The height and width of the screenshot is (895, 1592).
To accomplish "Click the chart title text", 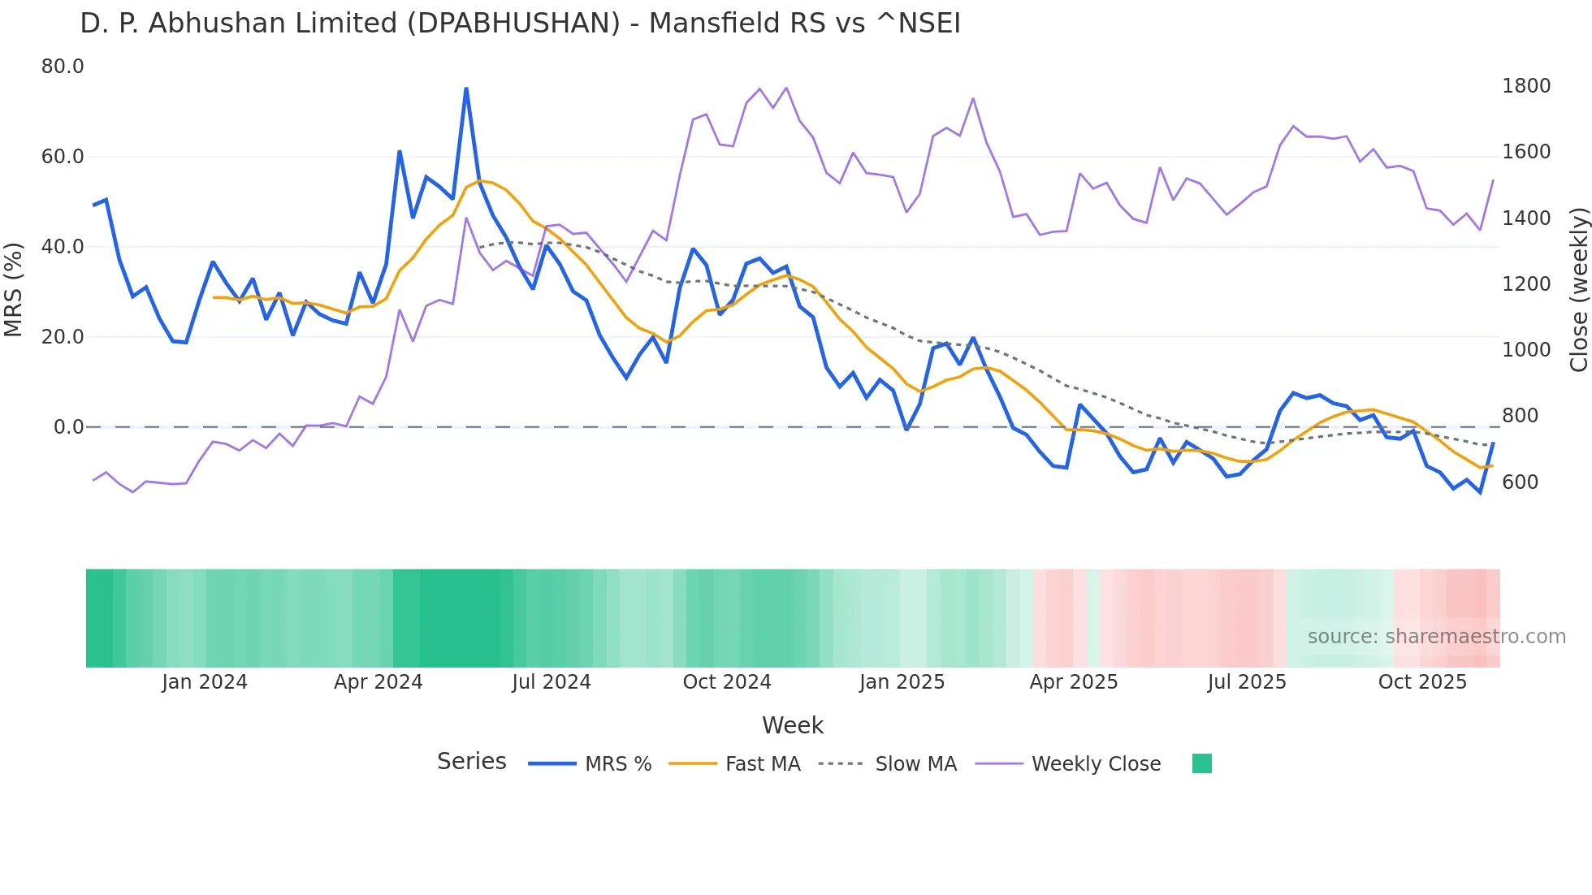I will pos(520,24).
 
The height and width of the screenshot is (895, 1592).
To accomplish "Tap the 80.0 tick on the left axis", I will pos(63,67).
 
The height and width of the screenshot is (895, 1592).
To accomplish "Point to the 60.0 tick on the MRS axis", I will pos(63,157).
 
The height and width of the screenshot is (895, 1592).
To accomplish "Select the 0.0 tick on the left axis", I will pos(68,427).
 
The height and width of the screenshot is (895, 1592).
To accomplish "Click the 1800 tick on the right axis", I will pos(1526,86).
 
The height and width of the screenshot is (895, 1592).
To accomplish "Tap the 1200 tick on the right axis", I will pos(1526,284).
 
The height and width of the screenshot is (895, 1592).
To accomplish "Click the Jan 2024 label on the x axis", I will pos(204,682).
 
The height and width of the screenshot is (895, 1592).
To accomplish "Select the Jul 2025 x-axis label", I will pos(1247,682).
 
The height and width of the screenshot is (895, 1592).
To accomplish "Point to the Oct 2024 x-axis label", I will pos(727,682).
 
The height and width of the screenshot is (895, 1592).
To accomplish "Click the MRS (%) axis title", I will pos(13,289).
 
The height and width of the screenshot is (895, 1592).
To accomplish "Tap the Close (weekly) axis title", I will pos(1578,289).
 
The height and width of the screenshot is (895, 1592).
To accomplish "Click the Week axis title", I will pos(793,725).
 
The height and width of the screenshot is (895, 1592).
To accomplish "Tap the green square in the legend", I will pos(1201,763).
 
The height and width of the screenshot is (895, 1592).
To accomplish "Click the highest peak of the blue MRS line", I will pos(466,89).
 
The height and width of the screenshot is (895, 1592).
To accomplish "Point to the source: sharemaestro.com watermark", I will pos(1436,637).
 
